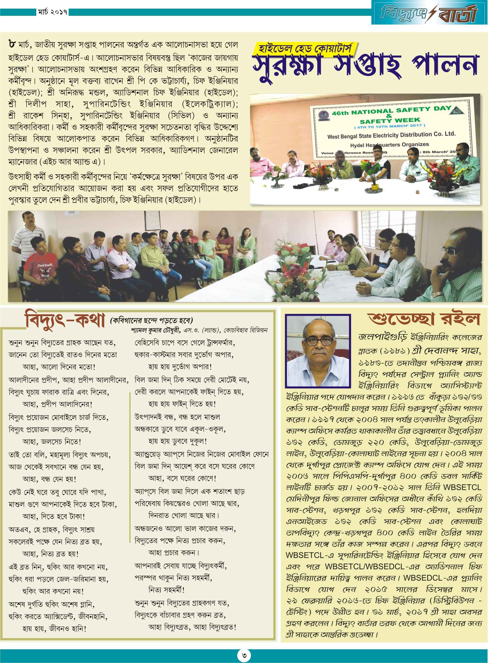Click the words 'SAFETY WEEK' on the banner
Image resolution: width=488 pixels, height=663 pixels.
[x=390, y=121]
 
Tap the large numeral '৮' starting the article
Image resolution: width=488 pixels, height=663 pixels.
[x=12, y=45]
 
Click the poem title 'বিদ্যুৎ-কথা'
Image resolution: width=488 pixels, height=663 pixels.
[x=65, y=320]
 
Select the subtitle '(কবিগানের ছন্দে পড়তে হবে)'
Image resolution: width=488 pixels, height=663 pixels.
[x=151, y=320]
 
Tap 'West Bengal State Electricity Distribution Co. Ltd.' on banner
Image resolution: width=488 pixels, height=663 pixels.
[x=391, y=135]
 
